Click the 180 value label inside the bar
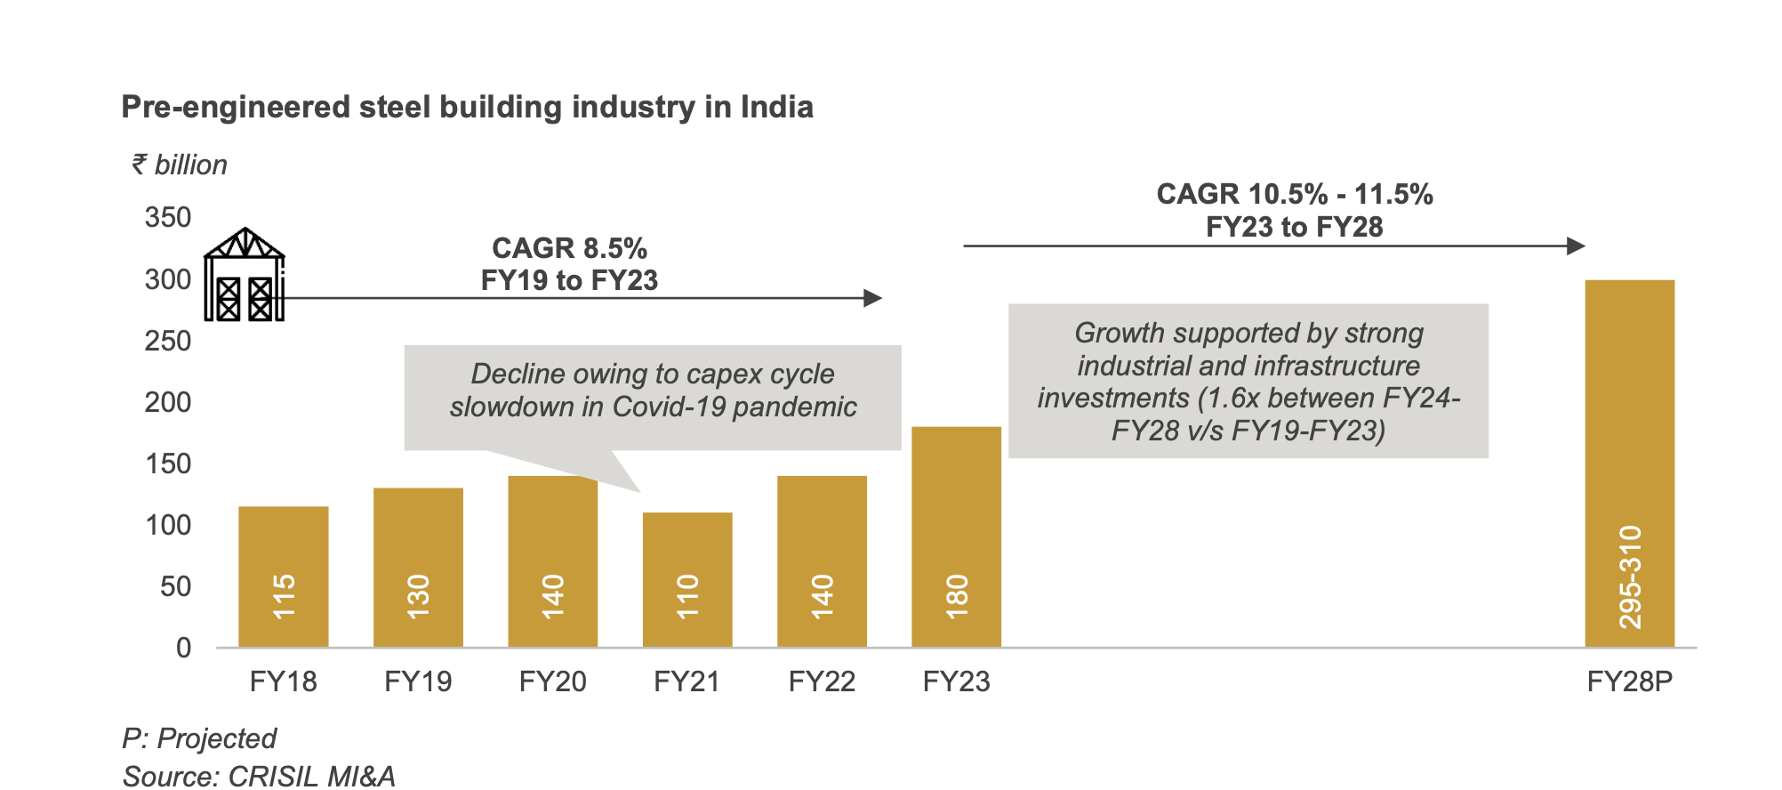[x=957, y=597]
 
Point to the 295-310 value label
[x=1630, y=577]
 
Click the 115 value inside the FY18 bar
[x=284, y=597]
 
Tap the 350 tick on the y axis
[x=168, y=218]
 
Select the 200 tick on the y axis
[x=168, y=402]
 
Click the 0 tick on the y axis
[x=183, y=648]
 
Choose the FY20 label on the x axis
[x=552, y=681]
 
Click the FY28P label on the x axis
[x=1630, y=681]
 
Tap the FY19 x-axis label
[x=418, y=681]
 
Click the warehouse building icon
[x=244, y=275]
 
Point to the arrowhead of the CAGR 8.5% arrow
[x=873, y=298]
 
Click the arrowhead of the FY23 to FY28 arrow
[x=1577, y=246]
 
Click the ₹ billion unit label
[x=180, y=165]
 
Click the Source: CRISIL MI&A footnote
[x=259, y=776]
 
